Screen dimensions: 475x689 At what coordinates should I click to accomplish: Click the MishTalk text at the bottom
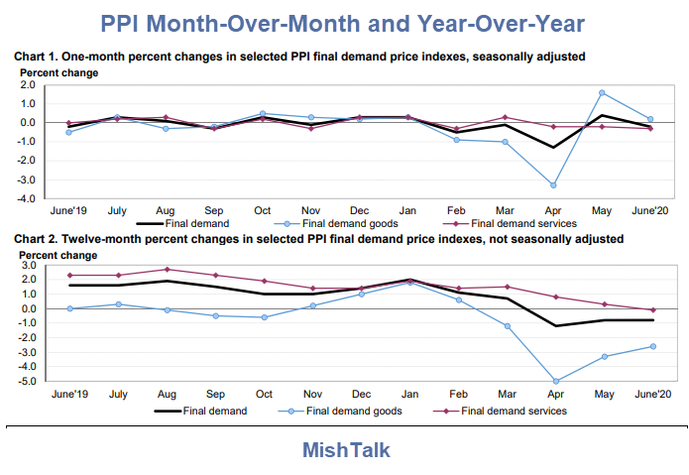tap(346, 449)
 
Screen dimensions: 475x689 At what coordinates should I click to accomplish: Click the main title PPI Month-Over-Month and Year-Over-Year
tap(344, 21)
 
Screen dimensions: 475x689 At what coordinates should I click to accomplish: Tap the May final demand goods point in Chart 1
tap(603, 93)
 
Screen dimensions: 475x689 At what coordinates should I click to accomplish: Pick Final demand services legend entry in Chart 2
tap(516, 410)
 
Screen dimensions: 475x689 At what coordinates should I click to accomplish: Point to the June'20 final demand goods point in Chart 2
tap(651, 346)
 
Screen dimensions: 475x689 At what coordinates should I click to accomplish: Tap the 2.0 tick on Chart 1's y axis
tap(27, 85)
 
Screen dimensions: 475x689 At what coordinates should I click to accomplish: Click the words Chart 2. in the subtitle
tap(39, 239)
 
